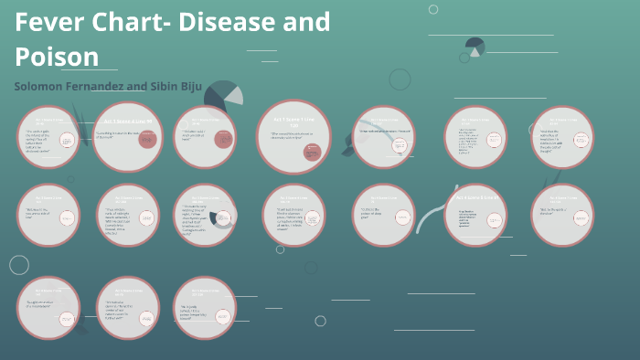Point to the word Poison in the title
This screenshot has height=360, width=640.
tap(57, 57)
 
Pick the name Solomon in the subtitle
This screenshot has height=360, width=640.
tap(42, 86)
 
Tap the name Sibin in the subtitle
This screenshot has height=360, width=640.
tap(178, 86)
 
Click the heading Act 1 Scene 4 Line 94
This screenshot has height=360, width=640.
tap(127, 122)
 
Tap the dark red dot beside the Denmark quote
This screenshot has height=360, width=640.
tap(147, 139)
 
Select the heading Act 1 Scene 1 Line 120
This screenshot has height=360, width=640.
tap(294, 120)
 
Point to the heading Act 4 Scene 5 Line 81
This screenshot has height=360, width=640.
tap(475, 197)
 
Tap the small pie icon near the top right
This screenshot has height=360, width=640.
tap(475, 47)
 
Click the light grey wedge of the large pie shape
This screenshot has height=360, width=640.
tap(234, 94)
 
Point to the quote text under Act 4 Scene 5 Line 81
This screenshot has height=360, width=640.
tap(464, 217)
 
